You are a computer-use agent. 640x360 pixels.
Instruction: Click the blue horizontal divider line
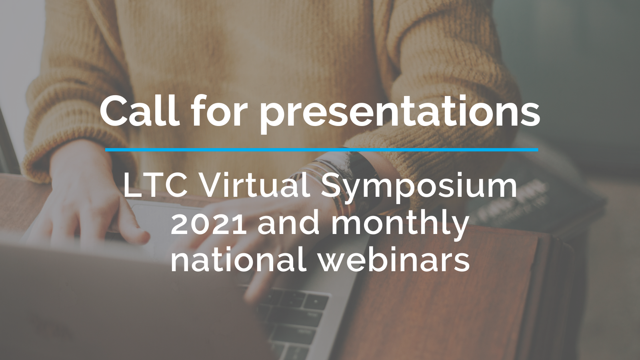pos(322,150)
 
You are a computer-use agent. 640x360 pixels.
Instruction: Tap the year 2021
pos(208,223)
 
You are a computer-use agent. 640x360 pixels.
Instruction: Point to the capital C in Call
pos(116,111)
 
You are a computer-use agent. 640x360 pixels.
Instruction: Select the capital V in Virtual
pos(212,186)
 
